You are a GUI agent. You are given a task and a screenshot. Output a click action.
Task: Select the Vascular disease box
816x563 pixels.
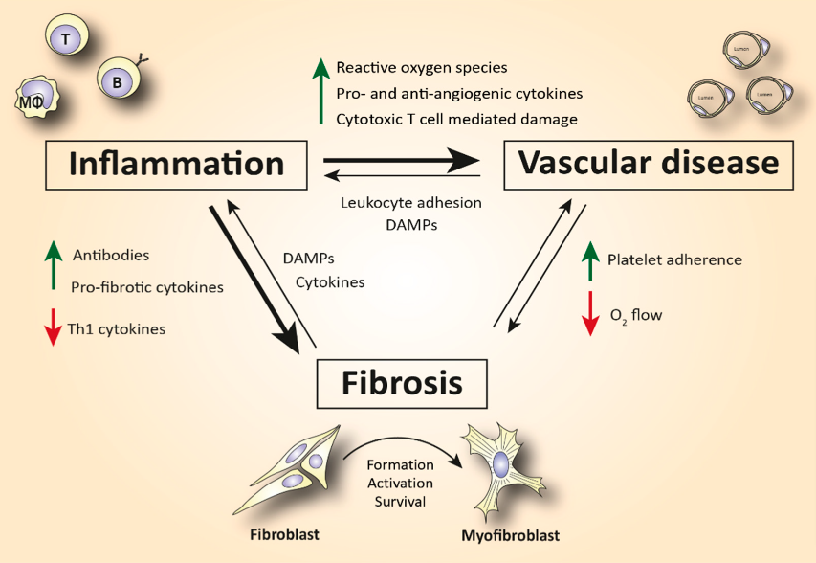pyautogui.click(x=649, y=163)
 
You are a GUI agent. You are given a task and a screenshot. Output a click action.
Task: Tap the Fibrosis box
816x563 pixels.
pyautogui.click(x=403, y=383)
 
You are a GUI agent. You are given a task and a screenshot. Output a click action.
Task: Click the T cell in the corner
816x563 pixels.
pyautogui.click(x=65, y=39)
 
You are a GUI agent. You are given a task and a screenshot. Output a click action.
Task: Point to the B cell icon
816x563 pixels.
pyautogui.click(x=119, y=82)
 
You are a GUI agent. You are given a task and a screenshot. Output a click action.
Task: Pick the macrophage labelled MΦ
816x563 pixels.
pyautogui.click(x=31, y=100)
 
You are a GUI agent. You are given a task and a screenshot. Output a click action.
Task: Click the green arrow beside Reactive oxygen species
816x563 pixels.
pyautogui.click(x=320, y=92)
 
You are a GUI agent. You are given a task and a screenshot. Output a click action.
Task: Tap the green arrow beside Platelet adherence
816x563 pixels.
pyautogui.click(x=591, y=260)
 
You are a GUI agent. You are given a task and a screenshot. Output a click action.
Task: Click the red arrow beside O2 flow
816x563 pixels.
pyautogui.click(x=591, y=313)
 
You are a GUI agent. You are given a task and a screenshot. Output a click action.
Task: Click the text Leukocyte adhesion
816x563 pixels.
pyautogui.click(x=410, y=203)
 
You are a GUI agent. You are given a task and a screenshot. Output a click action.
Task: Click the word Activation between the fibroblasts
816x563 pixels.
pyautogui.click(x=400, y=482)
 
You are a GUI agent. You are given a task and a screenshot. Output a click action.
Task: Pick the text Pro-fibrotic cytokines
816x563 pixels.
pyautogui.click(x=146, y=286)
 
